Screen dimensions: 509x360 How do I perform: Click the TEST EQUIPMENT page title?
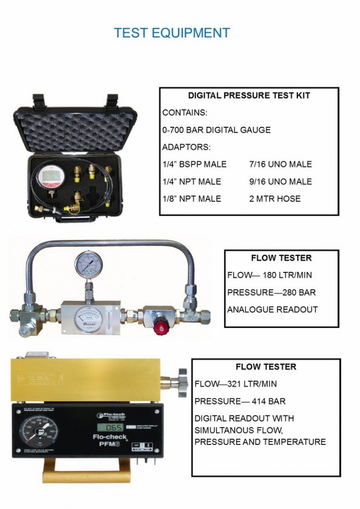[172, 33]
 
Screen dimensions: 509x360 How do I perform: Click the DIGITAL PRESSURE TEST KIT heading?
[249, 96]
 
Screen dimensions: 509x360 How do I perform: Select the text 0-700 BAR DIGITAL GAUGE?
[216, 130]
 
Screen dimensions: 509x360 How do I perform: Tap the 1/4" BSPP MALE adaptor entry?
[194, 165]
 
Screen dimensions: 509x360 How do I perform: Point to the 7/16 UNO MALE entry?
[280, 165]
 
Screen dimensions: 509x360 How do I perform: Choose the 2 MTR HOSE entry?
[275, 199]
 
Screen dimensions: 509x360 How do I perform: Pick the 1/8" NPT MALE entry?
[191, 199]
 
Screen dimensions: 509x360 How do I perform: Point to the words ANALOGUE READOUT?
[272, 310]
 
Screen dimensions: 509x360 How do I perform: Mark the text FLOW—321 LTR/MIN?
[236, 384]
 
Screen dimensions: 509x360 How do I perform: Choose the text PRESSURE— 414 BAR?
[240, 402]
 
